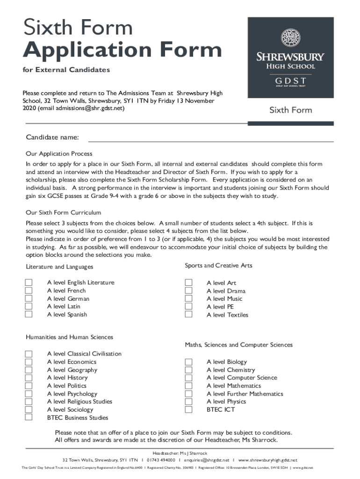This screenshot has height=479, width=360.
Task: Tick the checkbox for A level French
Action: point(29,290)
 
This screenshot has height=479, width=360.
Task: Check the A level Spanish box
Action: point(29,314)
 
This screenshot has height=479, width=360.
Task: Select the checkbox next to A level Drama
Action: point(188,290)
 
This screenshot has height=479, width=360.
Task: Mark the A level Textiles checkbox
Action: point(188,314)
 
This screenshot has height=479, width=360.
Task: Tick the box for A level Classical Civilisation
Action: point(29,354)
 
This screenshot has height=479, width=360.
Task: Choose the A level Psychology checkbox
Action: point(29,393)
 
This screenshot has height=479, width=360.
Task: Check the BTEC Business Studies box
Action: point(29,417)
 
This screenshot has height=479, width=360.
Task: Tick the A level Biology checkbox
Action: point(188,362)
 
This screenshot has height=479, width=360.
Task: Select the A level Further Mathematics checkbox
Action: point(188,393)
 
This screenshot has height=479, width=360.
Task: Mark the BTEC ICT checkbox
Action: point(188,409)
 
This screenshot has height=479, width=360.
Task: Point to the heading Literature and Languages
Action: point(60,267)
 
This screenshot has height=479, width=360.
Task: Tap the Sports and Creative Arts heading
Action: point(218,265)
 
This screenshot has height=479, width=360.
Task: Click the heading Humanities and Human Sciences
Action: point(70,337)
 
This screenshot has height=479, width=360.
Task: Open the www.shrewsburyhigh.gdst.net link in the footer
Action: point(267,460)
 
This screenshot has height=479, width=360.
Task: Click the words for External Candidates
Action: point(68,70)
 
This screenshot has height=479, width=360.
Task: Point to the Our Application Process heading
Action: point(59,153)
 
